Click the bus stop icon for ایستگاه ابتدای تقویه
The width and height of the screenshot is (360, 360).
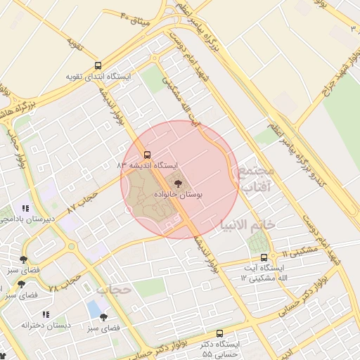click(x=98, y=65)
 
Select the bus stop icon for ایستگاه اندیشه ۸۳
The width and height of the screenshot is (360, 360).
click(x=147, y=154)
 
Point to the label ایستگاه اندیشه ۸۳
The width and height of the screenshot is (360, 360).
click(x=148, y=165)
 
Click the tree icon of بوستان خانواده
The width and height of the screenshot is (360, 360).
click(x=177, y=183)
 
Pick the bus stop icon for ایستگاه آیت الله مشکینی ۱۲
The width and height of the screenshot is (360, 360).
click(x=264, y=257)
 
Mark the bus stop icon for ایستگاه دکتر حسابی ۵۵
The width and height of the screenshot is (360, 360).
click(x=219, y=334)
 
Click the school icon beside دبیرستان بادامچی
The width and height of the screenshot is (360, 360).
click(x=25, y=208)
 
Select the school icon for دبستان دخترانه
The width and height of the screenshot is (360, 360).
click(x=46, y=314)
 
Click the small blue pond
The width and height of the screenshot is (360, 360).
click(x=94, y=309)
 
